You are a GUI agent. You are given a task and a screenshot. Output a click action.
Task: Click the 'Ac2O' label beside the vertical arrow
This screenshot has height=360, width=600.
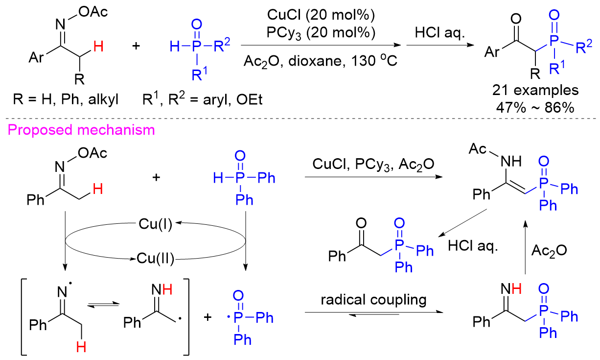click(549, 250)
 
